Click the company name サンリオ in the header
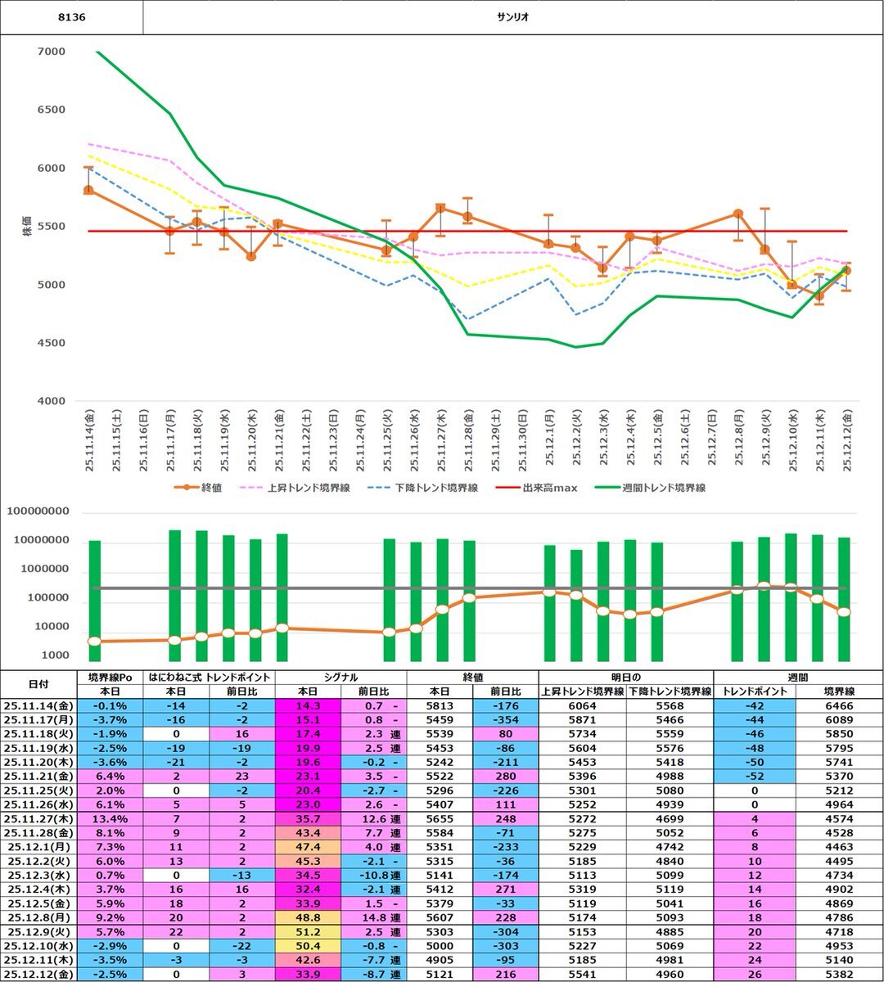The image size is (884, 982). click(x=513, y=17)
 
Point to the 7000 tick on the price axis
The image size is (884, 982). click(x=52, y=52)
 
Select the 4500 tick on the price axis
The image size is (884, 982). click(x=52, y=343)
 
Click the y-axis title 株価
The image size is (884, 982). click(x=27, y=227)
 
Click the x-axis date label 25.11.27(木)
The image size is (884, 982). click(x=440, y=439)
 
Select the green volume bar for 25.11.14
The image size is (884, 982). click(x=95, y=601)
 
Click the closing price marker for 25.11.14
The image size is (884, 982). click(x=88, y=190)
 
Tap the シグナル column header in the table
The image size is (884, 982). click(x=340, y=677)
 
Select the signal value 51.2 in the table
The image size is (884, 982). click(x=307, y=932)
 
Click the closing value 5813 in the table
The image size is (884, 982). click(x=440, y=705)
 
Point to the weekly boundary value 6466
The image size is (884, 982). click(x=838, y=705)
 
